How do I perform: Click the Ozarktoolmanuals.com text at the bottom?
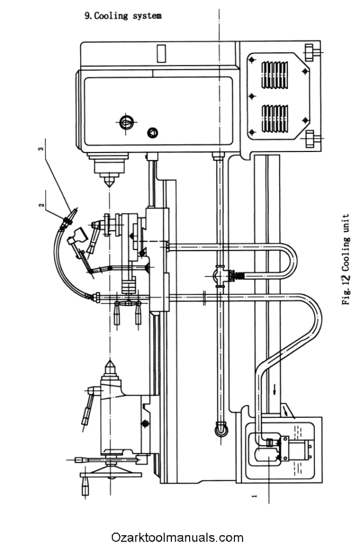pyautogui.click(x=177, y=537)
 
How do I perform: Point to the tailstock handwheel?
pyautogui.click(x=110, y=474)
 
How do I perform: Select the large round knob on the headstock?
pyautogui.click(x=126, y=122)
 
